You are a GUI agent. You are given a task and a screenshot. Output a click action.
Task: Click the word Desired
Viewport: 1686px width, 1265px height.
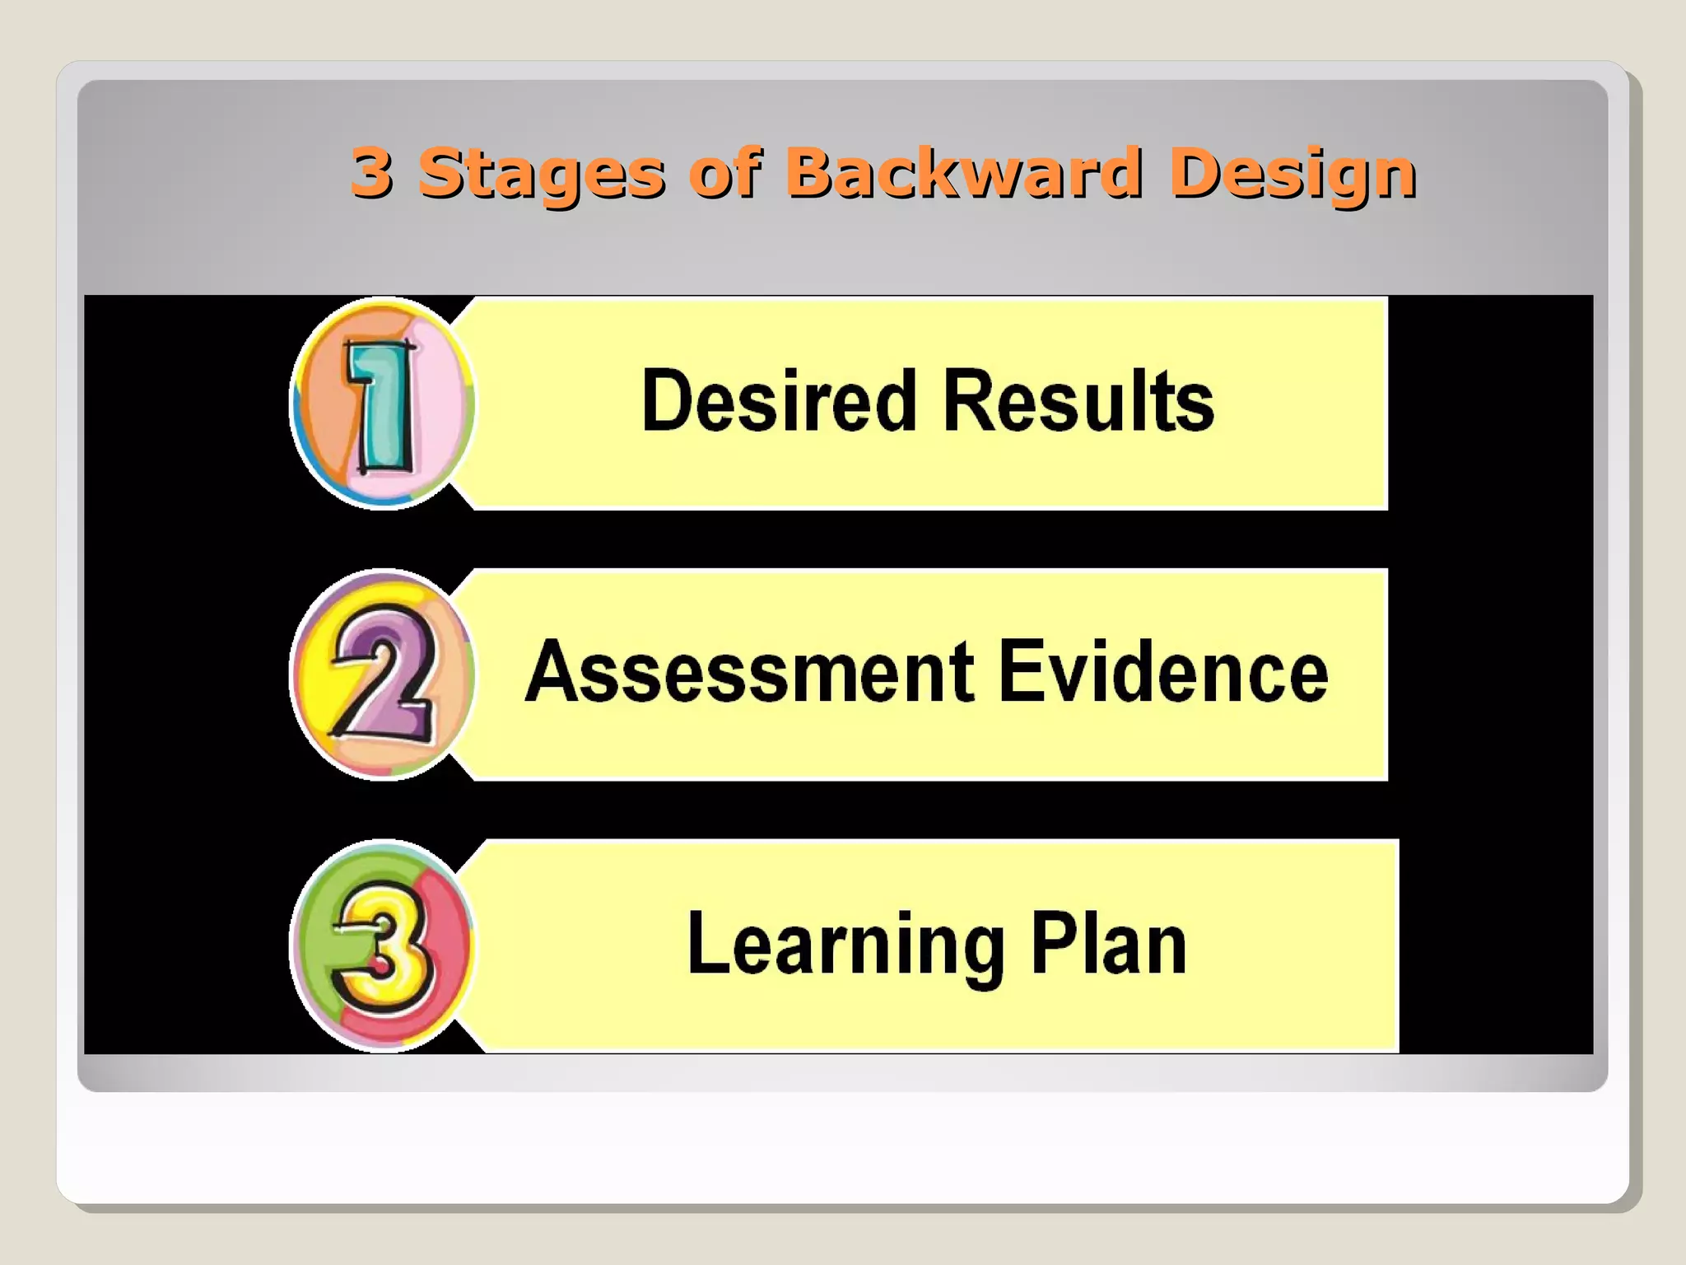point(778,400)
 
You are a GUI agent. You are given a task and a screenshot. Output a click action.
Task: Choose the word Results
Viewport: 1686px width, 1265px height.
point(1078,400)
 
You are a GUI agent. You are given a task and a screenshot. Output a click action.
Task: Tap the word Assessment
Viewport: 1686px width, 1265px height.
point(749,672)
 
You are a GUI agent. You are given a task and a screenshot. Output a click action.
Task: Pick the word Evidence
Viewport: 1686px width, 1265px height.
point(1162,672)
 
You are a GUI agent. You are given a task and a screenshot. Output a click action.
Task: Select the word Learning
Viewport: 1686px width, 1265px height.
point(845,944)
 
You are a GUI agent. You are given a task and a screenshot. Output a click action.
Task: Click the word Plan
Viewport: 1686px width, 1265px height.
point(1108,944)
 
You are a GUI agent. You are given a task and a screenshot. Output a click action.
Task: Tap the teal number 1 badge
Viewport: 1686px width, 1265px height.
point(382,404)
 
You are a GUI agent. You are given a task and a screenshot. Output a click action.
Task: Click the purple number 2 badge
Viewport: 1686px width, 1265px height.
point(382,674)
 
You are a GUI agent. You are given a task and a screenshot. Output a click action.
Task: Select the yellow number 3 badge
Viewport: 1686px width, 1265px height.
point(382,945)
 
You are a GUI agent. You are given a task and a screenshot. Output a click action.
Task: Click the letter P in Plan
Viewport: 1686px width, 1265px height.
point(1052,944)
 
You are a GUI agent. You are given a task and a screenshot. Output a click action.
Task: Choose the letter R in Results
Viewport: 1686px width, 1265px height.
point(966,400)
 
